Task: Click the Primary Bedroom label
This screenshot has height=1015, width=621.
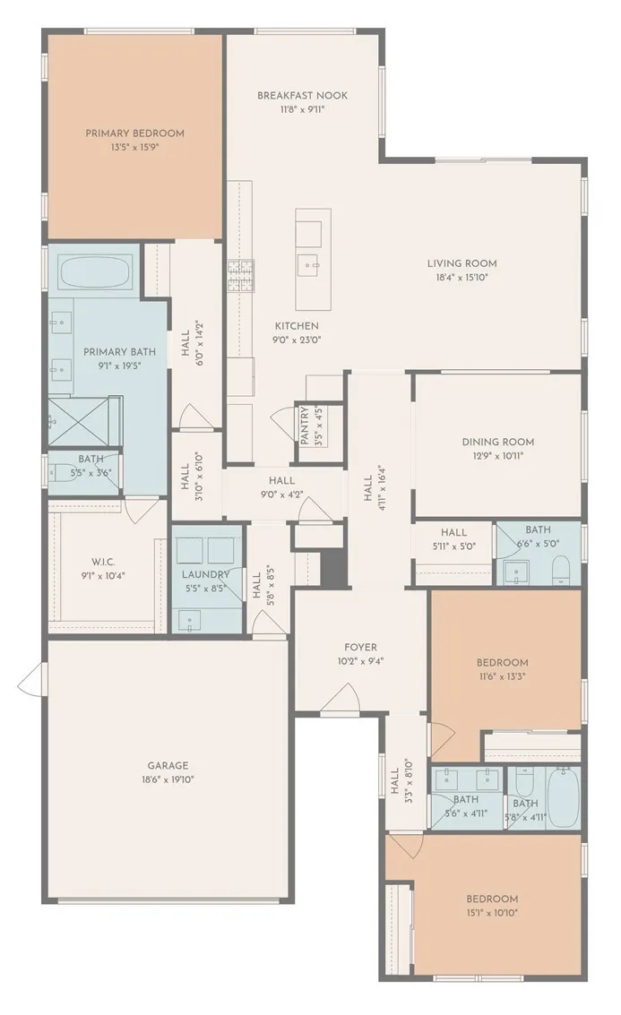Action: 134,133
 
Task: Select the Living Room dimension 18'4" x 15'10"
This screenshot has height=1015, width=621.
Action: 461,278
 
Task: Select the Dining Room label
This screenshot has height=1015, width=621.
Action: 497,442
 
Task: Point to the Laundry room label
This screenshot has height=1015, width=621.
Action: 206,574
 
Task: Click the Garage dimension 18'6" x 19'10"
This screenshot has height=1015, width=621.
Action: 168,779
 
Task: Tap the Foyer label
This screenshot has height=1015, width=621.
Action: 360,647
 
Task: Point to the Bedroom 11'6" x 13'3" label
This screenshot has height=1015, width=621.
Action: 502,663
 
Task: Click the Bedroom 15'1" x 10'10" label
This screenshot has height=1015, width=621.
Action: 491,899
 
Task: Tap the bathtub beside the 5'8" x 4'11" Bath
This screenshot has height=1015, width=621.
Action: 564,797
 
